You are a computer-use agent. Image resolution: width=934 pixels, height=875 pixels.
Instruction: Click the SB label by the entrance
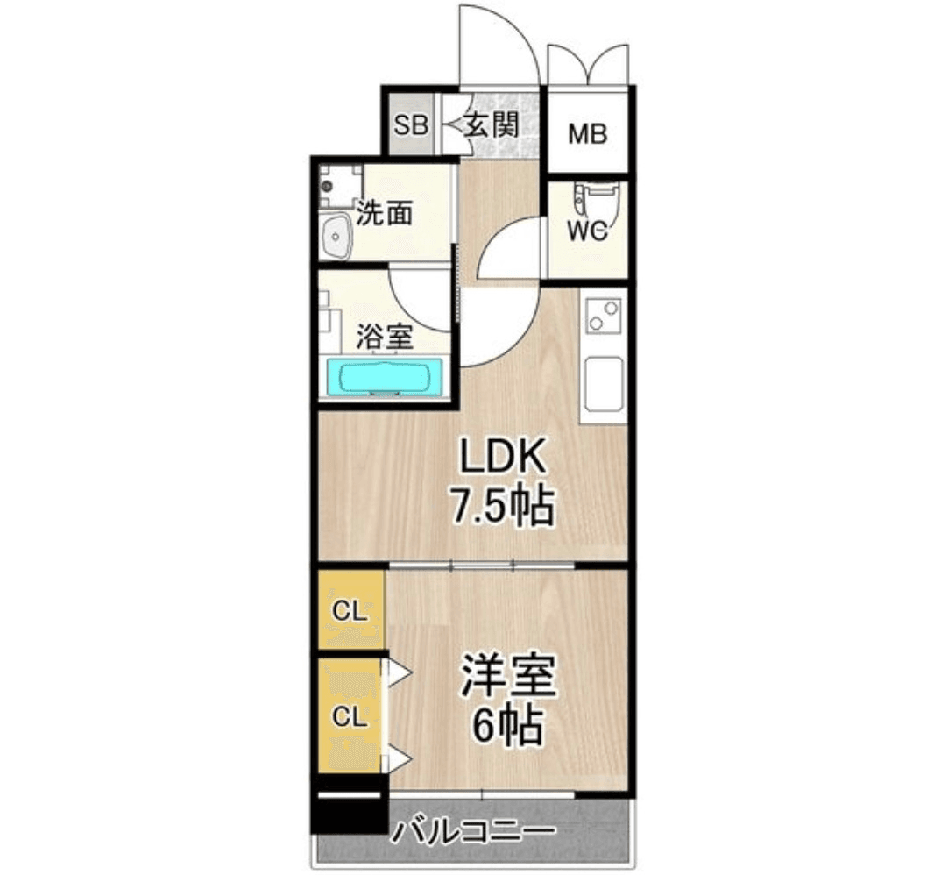tap(410, 124)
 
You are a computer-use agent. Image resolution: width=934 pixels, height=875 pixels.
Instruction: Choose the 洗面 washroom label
tap(386, 213)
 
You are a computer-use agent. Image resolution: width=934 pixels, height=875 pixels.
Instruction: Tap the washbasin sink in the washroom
tap(336, 236)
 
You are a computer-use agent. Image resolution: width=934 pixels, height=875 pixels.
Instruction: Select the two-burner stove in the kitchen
tap(604, 316)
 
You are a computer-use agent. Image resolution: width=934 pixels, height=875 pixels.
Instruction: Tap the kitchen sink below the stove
tap(604, 383)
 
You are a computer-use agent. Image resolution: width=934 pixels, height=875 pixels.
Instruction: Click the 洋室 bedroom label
tap(508, 676)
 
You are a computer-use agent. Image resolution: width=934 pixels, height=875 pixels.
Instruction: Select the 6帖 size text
tap(507, 725)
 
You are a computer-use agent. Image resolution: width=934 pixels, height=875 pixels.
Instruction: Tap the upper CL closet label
tap(349, 612)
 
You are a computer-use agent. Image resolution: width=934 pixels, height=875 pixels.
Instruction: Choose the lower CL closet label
tap(349, 716)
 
